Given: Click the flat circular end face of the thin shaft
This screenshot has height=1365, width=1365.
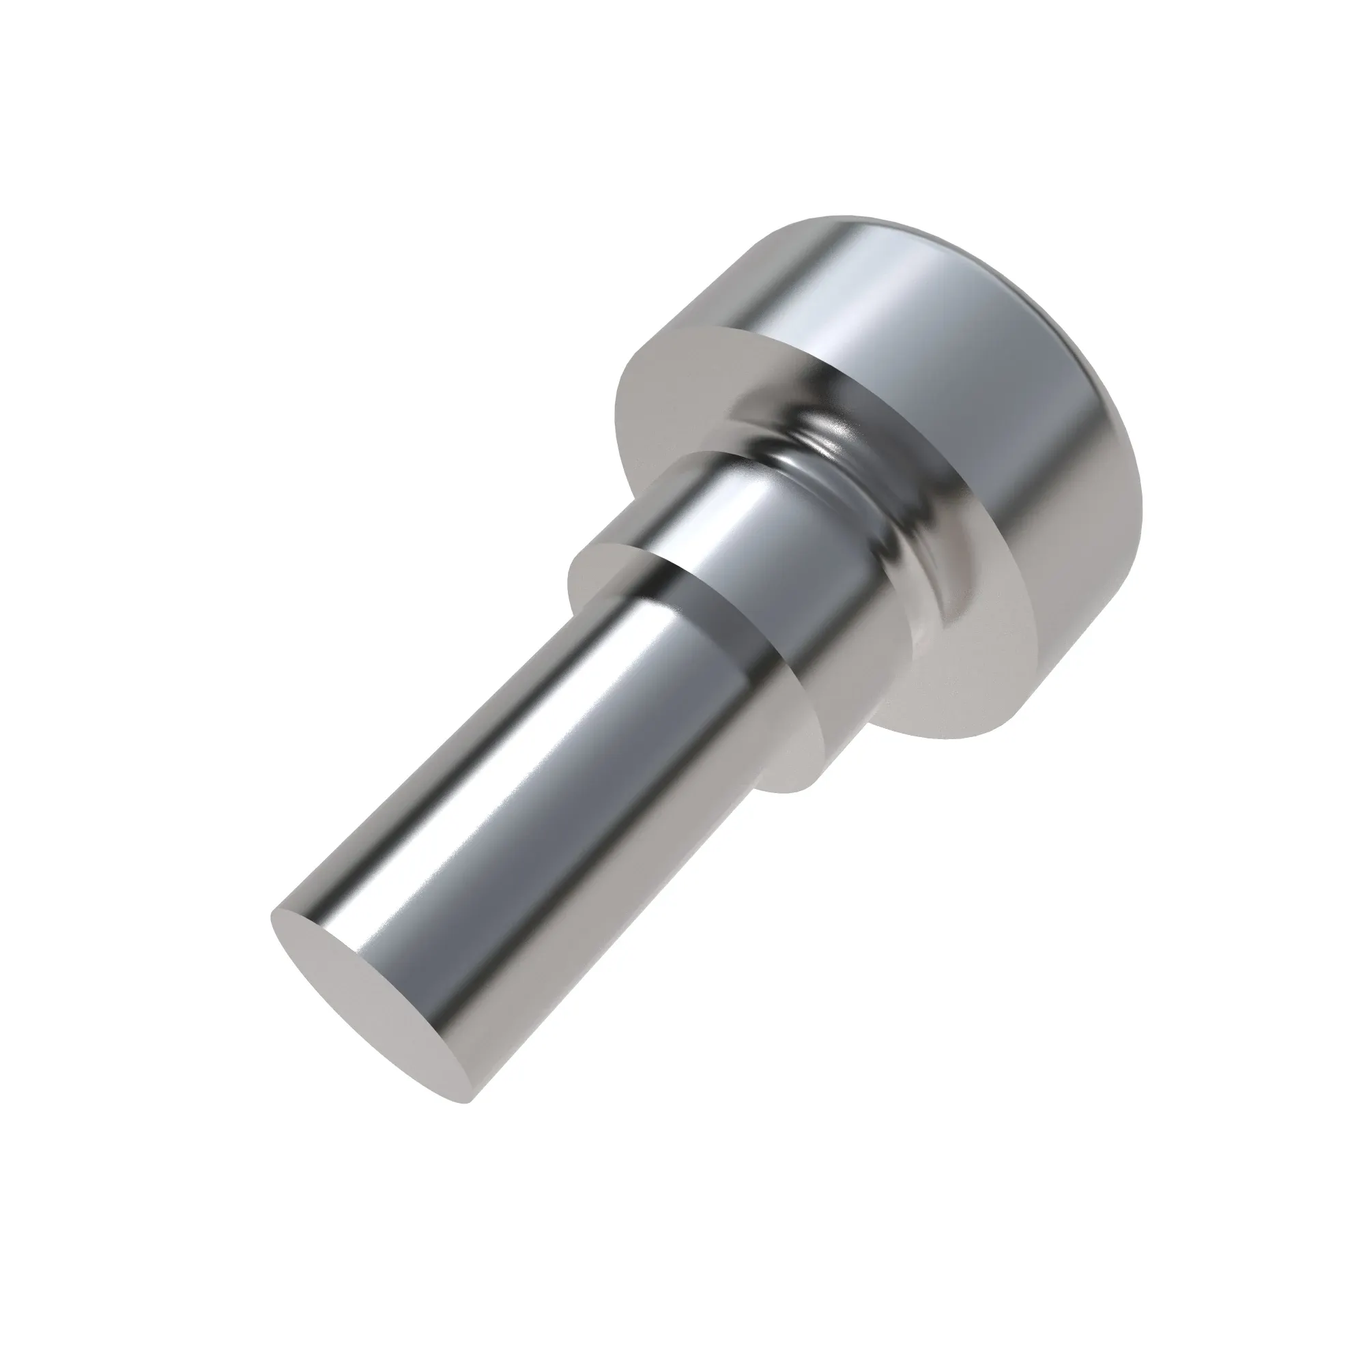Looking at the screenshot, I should pyautogui.click(x=367, y=1003).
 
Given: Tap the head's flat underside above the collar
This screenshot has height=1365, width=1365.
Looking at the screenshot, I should pyautogui.click(x=678, y=382).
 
